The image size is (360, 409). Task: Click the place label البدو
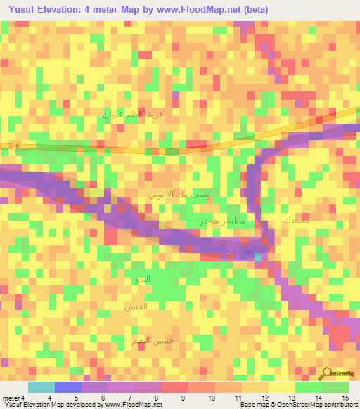point(143,280)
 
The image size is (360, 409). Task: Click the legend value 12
point(264,398)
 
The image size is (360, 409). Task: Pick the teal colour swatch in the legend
point(41,387)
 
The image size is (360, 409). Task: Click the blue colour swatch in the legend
point(68,387)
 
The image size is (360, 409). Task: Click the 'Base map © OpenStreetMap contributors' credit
point(299,405)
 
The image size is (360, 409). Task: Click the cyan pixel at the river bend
point(259,257)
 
